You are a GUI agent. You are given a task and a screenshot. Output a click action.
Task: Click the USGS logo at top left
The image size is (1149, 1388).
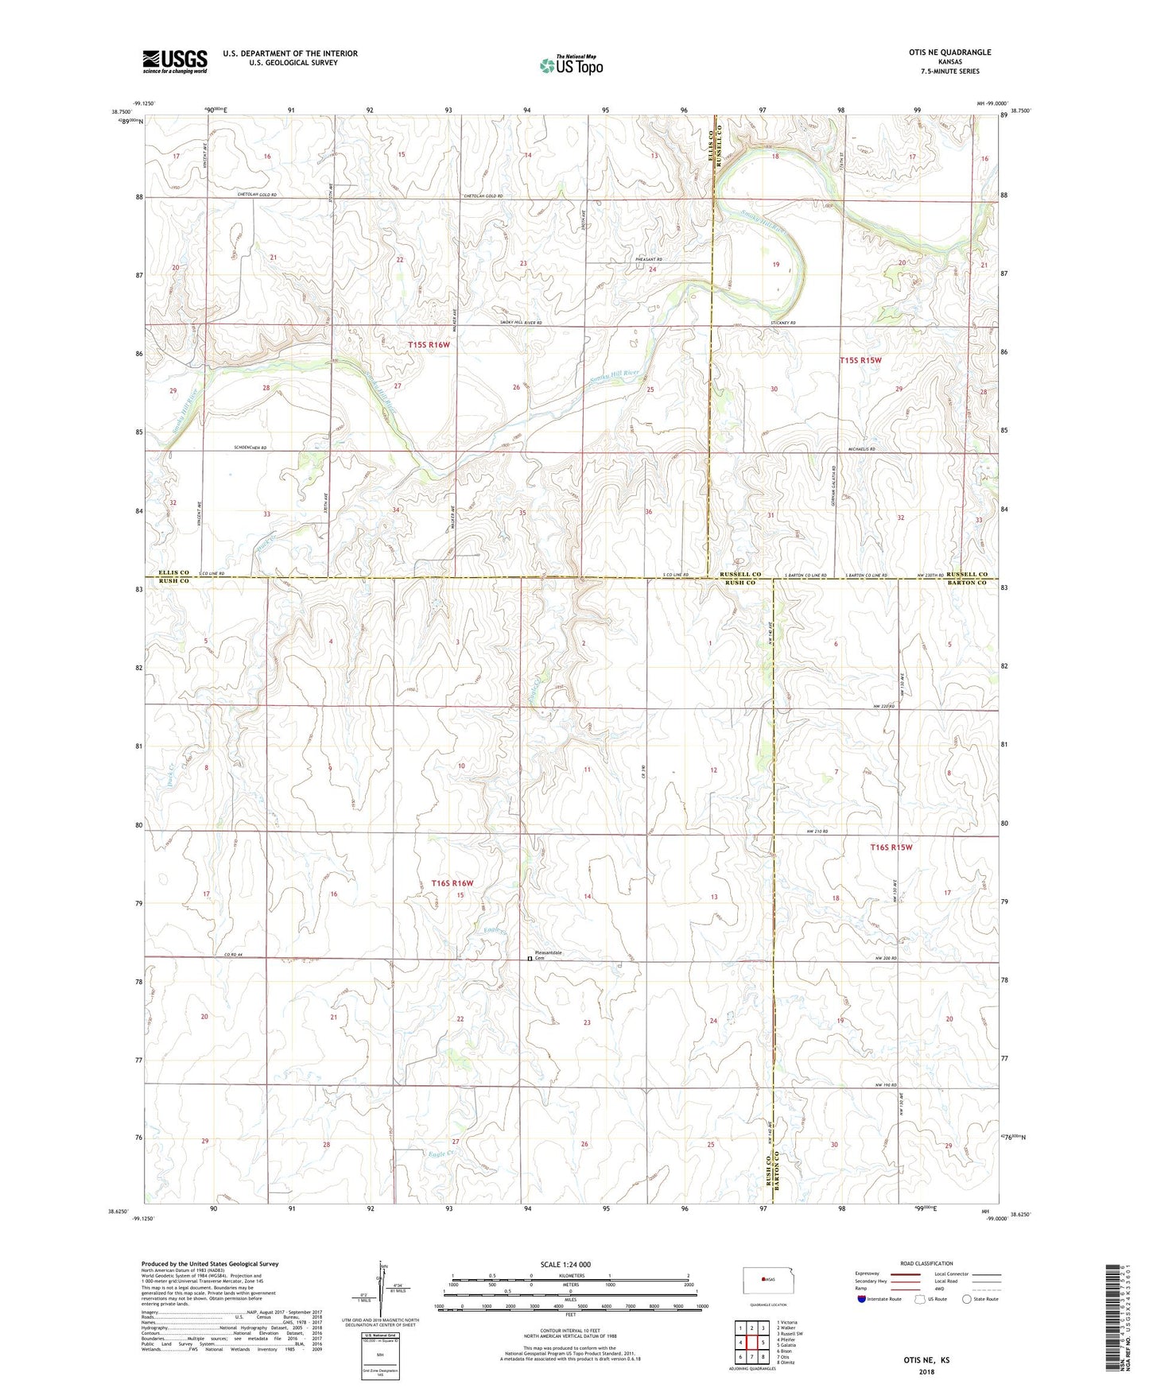(175, 61)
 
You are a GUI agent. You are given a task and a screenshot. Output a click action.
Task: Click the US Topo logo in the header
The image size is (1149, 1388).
(570, 65)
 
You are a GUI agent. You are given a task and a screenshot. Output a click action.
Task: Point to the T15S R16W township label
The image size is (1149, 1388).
(429, 345)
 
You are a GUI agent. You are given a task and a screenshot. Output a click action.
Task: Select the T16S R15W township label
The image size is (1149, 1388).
(891, 847)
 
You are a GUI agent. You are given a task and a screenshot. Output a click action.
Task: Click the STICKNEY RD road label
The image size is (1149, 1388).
(782, 324)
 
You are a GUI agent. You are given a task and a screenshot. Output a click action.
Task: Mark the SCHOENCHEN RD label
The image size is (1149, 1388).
(250, 448)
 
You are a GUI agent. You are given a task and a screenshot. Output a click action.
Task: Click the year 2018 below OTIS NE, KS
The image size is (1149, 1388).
(926, 1371)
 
